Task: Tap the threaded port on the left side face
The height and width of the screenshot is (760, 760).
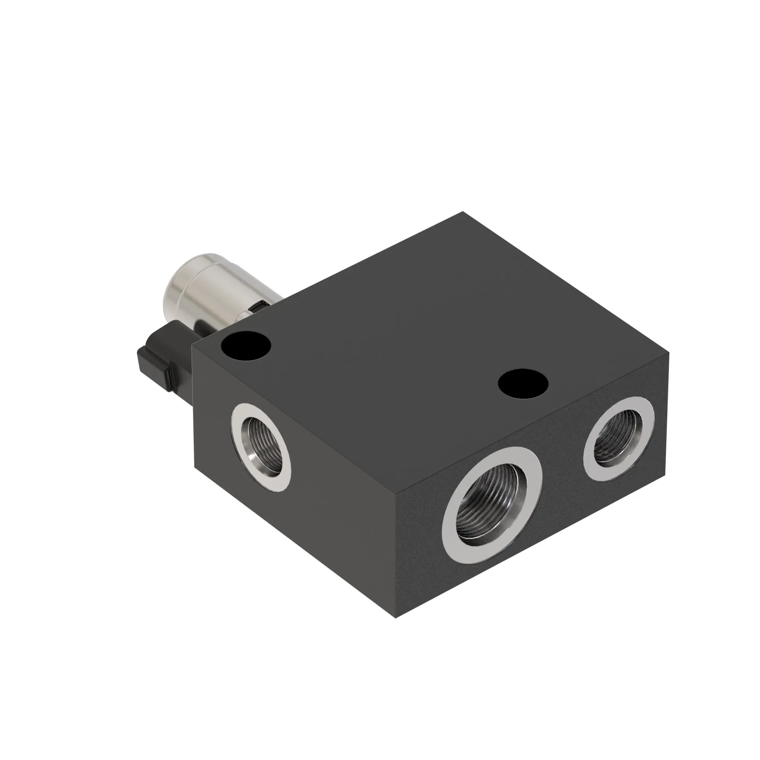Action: [261, 446]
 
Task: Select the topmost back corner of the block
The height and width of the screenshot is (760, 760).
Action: [462, 212]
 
